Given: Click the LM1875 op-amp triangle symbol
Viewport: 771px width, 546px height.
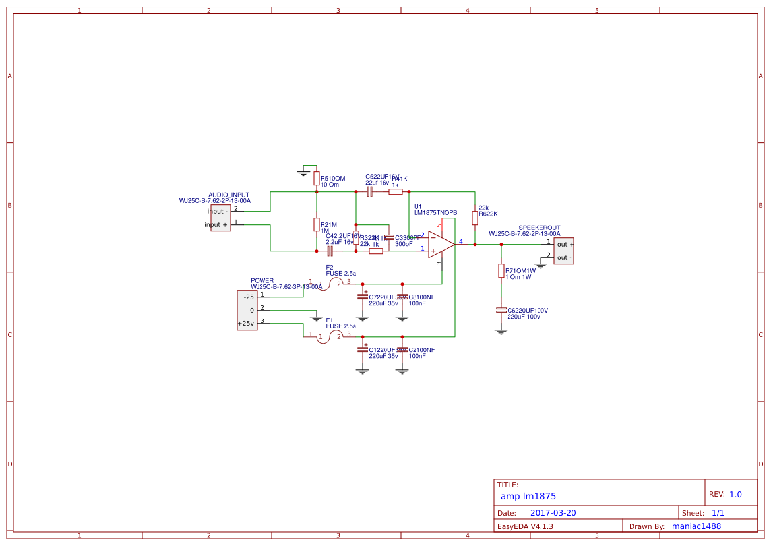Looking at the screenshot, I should (440, 244).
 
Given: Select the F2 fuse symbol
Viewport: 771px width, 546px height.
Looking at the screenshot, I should (330, 284).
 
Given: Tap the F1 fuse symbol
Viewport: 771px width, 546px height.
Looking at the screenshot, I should (330, 336).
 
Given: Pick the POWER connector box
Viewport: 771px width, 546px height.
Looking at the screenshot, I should (247, 310).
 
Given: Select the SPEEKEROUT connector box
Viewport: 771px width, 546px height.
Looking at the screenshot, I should (563, 251).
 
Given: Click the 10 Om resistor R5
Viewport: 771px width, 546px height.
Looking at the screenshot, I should (317, 179).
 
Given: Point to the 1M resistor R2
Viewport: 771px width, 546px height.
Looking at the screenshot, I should (317, 224).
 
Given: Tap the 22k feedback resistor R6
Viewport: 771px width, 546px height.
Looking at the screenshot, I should (475, 218).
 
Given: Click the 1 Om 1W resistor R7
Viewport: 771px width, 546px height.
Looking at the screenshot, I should (501, 271).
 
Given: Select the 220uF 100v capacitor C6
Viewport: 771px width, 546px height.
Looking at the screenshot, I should (501, 310).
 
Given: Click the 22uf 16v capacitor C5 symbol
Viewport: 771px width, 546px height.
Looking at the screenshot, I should (369, 191).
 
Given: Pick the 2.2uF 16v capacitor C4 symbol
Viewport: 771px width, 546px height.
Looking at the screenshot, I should (330, 251).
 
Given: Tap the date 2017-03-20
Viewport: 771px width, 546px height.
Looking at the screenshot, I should (553, 513).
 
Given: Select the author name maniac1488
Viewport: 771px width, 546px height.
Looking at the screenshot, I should (696, 526).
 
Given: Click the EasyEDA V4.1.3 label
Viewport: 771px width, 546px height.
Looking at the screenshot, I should (525, 526).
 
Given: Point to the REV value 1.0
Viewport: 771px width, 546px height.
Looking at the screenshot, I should (735, 494).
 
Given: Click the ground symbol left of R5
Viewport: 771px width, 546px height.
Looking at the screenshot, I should (303, 173).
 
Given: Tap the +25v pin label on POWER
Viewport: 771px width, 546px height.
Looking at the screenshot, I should (246, 323).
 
